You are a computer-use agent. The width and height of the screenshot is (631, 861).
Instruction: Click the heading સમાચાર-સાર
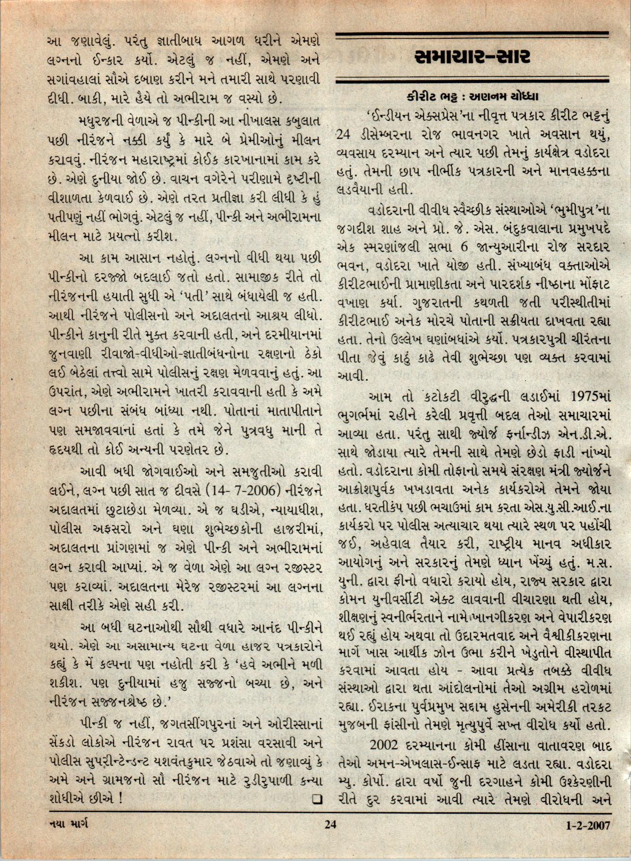point(472,57)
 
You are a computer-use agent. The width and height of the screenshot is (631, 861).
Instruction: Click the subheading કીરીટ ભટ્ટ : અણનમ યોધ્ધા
point(472,97)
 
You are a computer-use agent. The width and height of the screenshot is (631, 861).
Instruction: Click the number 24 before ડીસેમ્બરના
point(346,135)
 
